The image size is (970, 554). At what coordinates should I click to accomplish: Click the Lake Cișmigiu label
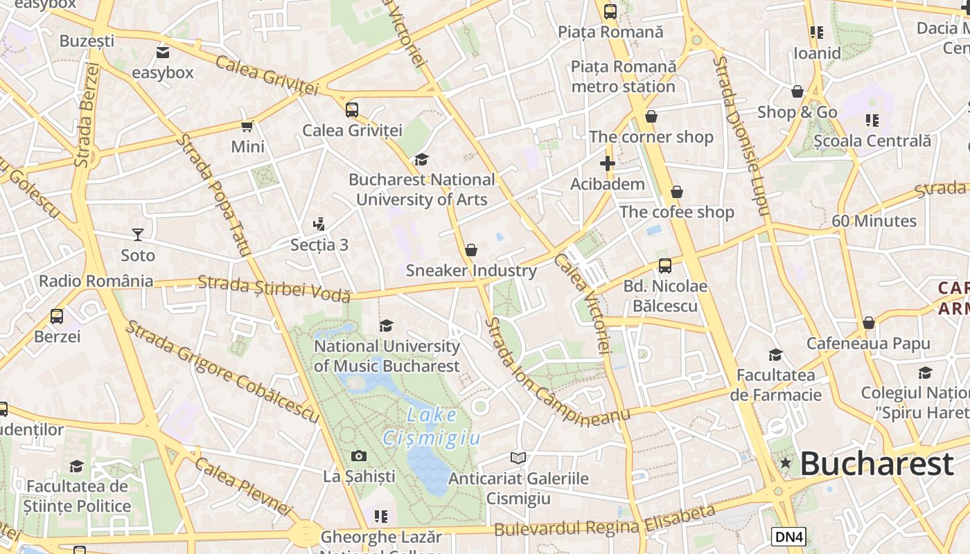(x=431, y=427)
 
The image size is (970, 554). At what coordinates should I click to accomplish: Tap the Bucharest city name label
(x=876, y=464)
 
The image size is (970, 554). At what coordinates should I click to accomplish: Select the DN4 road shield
(x=788, y=536)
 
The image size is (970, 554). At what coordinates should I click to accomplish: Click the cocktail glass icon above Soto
(x=138, y=235)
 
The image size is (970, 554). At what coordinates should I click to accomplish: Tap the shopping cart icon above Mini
(x=247, y=126)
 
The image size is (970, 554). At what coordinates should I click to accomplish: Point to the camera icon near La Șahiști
(x=358, y=456)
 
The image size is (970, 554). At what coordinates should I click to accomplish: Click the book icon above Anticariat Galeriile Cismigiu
(x=518, y=458)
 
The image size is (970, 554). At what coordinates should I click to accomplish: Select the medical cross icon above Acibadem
(x=608, y=163)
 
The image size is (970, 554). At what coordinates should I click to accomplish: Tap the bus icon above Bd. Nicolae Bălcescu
(x=664, y=265)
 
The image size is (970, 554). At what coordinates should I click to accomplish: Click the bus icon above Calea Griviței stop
(x=352, y=109)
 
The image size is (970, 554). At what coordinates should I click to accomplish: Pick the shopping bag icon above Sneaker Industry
(x=471, y=249)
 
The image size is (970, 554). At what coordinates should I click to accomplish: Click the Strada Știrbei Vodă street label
(x=274, y=288)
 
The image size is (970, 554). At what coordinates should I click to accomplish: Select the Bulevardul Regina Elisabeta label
(x=604, y=521)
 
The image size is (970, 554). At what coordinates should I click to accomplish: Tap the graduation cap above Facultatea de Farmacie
(x=775, y=355)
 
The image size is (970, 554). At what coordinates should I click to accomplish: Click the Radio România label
(x=96, y=281)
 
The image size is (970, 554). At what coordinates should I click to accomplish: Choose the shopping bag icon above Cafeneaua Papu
(x=868, y=323)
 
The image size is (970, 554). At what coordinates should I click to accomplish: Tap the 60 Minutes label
(x=874, y=221)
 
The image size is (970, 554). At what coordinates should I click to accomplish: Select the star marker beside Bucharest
(x=785, y=463)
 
